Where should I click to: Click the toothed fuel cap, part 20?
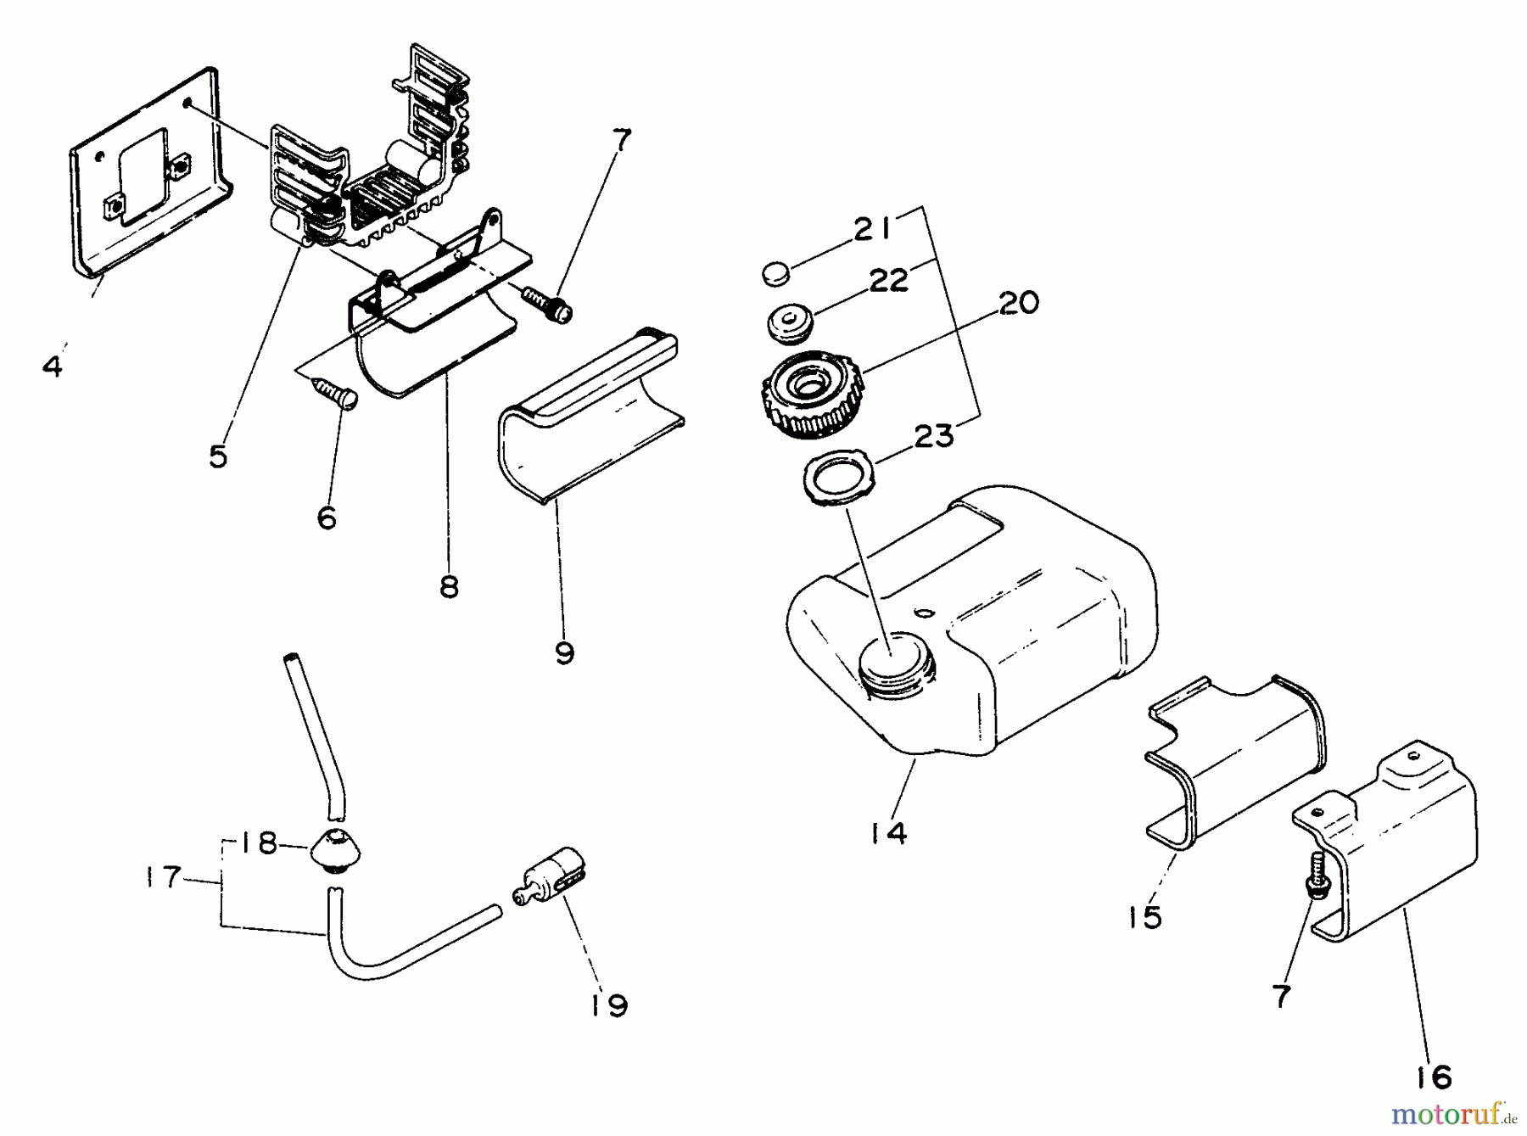click(802, 395)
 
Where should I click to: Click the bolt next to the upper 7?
click(547, 304)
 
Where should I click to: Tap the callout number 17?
click(161, 877)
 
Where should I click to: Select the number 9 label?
click(563, 652)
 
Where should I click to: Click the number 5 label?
click(219, 456)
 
